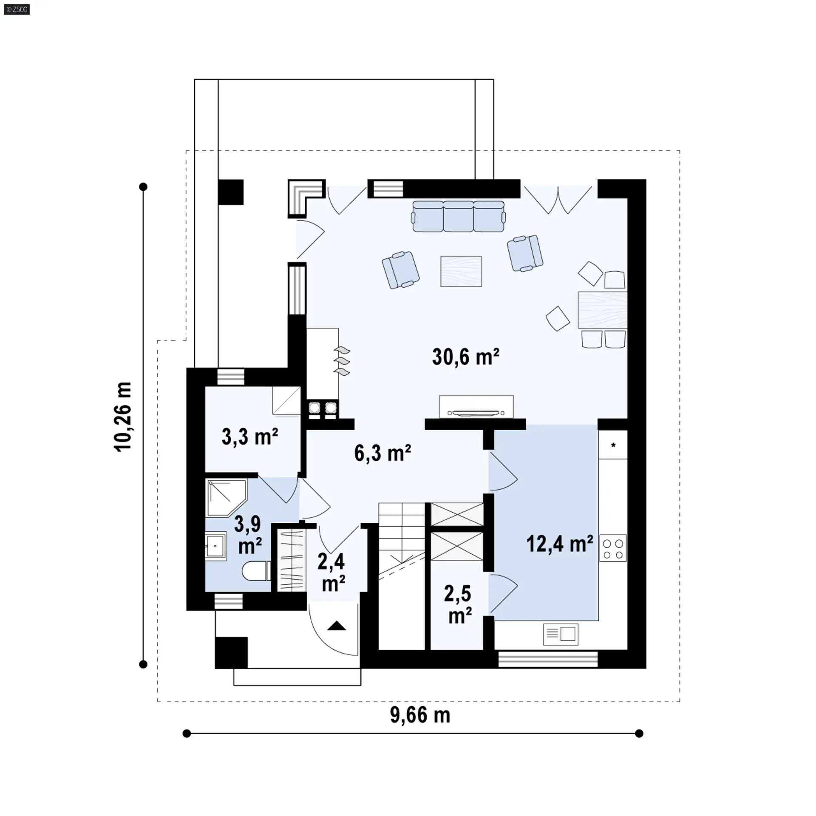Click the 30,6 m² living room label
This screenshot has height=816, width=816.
point(466,357)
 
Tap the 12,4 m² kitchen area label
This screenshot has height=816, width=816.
point(560,544)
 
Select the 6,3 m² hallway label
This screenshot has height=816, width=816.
point(382,453)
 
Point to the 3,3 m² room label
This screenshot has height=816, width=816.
point(250,436)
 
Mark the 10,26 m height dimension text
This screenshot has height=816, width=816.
point(124,416)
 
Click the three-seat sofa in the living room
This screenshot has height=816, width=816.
point(459,216)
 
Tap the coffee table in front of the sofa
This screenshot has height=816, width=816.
point(461,271)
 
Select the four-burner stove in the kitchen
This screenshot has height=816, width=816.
point(613,548)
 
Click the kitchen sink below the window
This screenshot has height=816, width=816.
point(561,635)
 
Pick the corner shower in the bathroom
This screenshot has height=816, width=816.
point(226,498)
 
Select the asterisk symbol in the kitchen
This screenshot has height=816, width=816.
point(613,445)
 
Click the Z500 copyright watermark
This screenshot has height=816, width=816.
point(17,9)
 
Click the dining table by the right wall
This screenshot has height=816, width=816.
point(603,309)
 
